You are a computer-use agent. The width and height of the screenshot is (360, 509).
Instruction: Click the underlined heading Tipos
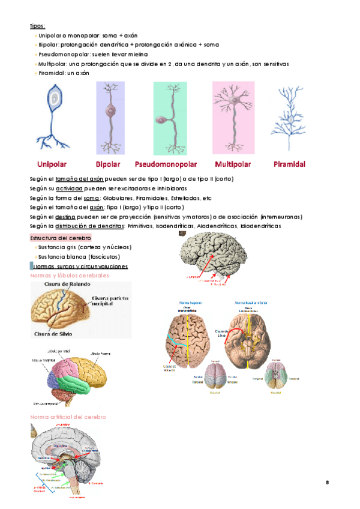point(37,26)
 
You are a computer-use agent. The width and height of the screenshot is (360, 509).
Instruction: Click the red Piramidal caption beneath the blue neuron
point(290,164)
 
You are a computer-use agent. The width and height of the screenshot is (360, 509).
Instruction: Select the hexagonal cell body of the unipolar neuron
point(56,98)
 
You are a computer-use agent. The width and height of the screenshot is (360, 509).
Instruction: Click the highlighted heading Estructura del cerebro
point(60,238)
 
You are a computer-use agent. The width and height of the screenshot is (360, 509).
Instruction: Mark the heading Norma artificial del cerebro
point(68,417)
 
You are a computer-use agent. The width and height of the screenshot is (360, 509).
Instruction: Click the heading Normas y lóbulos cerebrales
point(70,275)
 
